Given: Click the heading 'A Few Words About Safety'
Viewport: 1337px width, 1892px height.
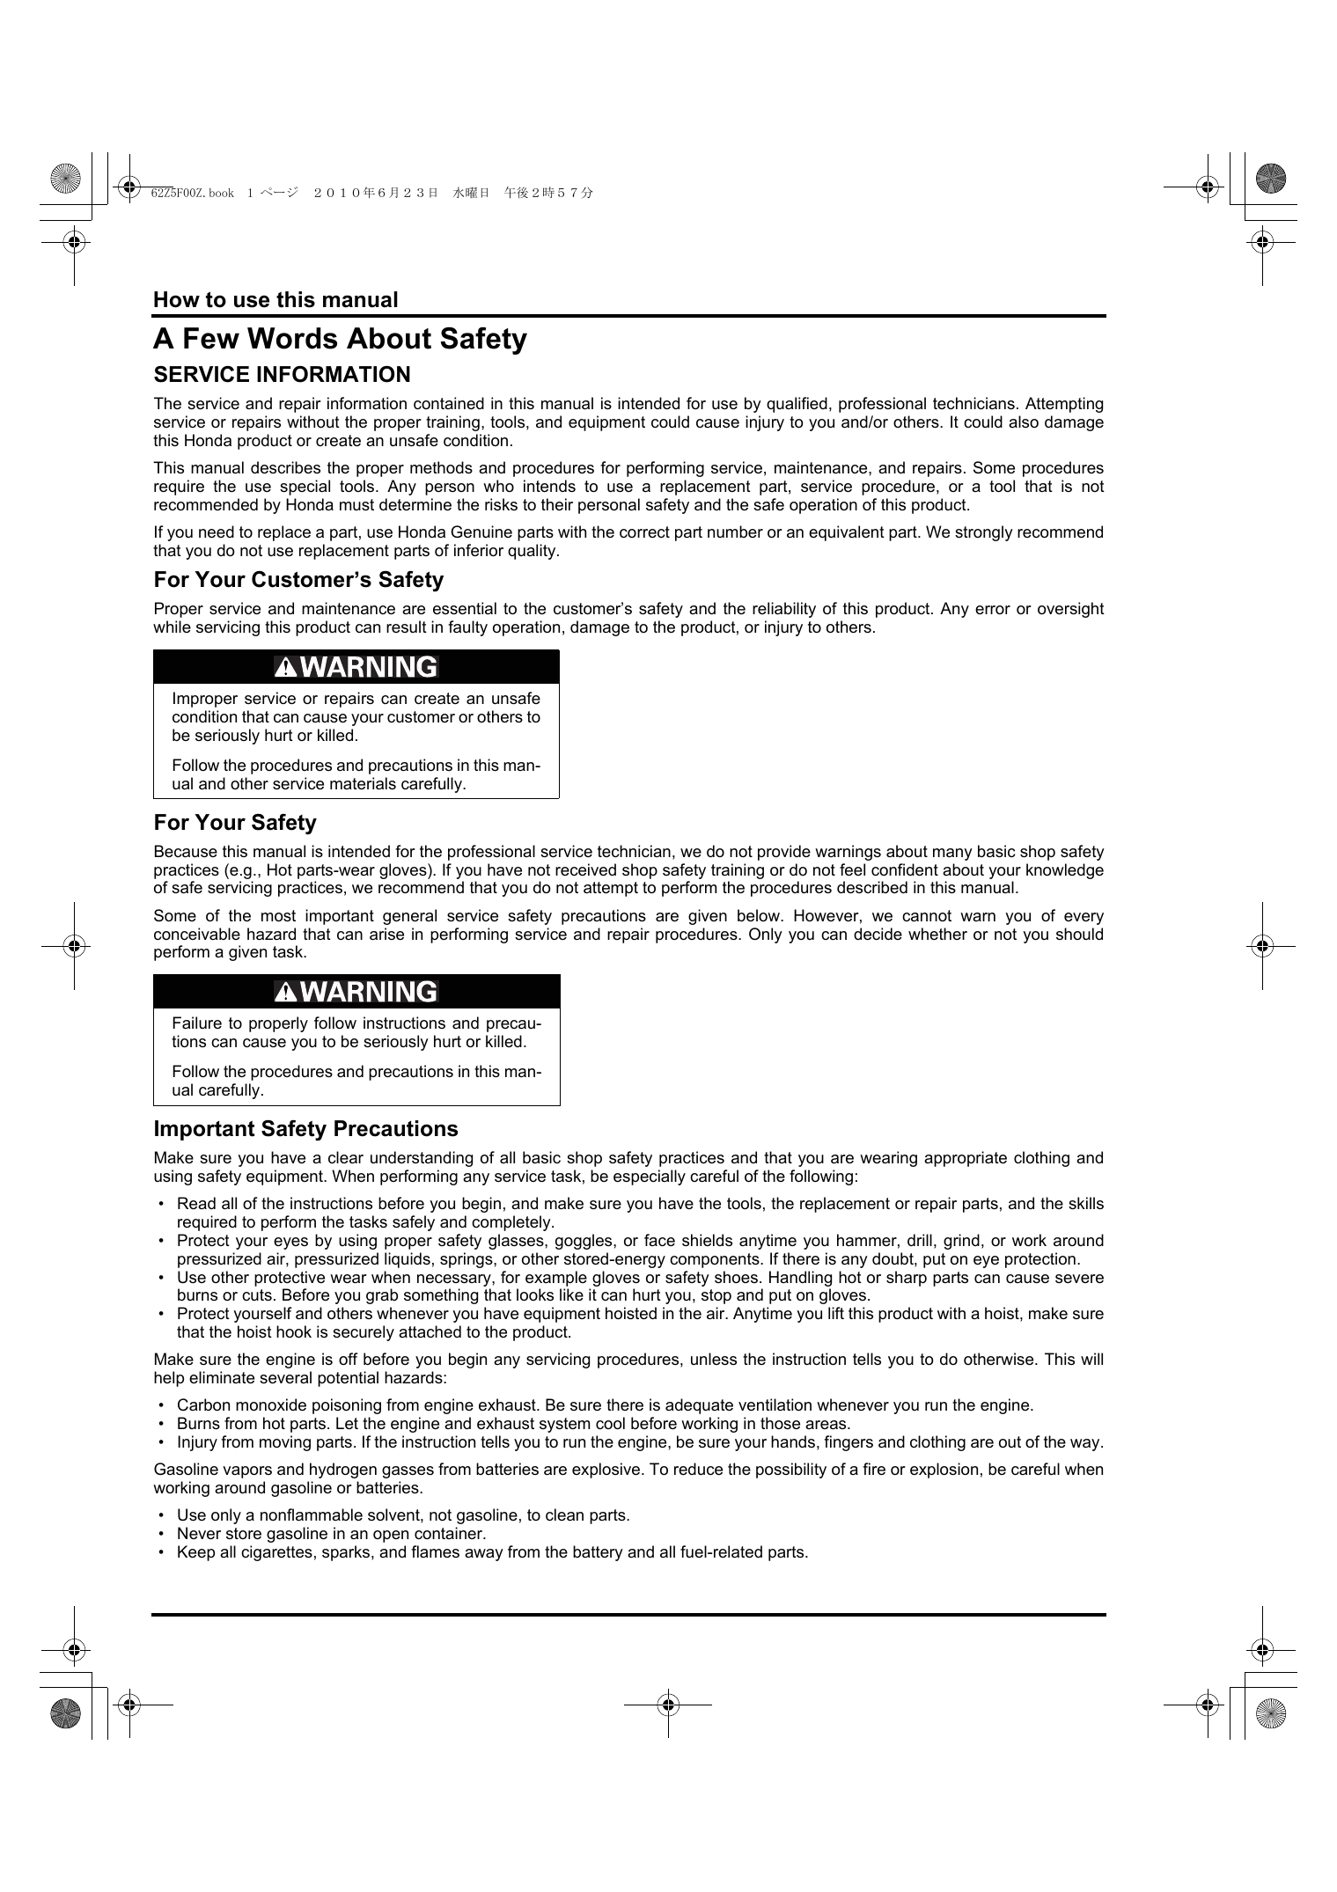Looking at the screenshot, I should click(x=340, y=340).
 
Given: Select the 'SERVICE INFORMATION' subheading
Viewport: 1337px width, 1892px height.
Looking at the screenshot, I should click(x=282, y=375).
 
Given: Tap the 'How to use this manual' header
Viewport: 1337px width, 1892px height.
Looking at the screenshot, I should click(x=275, y=300).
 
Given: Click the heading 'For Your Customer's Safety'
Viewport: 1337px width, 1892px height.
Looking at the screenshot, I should click(x=298, y=580).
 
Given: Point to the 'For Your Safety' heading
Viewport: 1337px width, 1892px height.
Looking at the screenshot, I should click(x=235, y=823).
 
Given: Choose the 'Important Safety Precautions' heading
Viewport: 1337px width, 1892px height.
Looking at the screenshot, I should click(x=305, y=1129).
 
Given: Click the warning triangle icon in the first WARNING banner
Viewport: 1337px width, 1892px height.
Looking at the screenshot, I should click(x=286, y=668).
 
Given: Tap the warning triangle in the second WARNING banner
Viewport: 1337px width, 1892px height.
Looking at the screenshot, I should click(x=286, y=993).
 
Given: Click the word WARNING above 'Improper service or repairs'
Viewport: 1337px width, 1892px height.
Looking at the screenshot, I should click(x=369, y=667).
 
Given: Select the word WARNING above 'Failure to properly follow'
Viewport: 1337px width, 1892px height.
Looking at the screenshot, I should click(x=369, y=992).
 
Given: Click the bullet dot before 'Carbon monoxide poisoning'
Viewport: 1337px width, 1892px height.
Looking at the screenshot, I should click(x=161, y=1405).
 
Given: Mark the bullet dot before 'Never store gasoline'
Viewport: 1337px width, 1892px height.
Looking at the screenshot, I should click(x=161, y=1534).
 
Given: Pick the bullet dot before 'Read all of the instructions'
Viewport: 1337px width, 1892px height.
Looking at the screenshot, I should click(x=161, y=1204).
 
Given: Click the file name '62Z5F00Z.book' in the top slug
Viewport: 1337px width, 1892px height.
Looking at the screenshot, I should click(x=192, y=193).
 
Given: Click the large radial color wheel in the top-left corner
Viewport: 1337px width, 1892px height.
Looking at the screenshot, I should click(x=66, y=179).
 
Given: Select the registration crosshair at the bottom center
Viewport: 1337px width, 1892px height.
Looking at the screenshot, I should click(x=668, y=1705).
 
